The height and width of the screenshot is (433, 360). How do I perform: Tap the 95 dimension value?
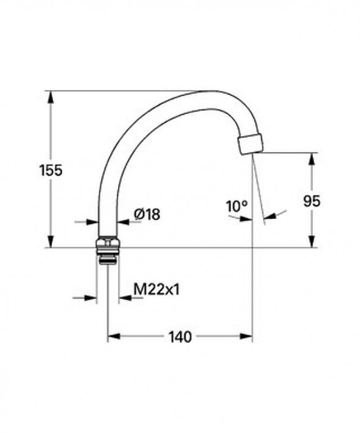(x=312, y=201)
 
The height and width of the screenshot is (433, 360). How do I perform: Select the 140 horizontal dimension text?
(x=180, y=336)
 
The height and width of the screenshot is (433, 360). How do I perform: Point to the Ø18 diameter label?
(x=146, y=214)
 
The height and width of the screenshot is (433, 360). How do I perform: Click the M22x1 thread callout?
(x=156, y=289)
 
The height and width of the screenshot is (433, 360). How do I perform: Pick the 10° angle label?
(x=236, y=206)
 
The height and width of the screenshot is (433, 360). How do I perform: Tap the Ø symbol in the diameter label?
(x=138, y=214)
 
